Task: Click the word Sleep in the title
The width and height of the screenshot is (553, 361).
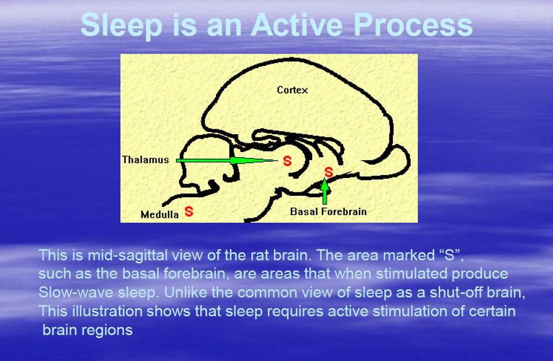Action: pos(121,25)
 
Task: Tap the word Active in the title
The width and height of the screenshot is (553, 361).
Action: pos(296,25)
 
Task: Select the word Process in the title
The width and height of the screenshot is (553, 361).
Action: pos(413,25)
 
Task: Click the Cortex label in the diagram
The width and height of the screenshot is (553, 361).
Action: pos(292,90)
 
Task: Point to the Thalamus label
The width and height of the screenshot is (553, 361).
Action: pos(145,160)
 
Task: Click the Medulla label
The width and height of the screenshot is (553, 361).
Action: pos(160,215)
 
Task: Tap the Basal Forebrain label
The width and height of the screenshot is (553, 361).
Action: pos(328,212)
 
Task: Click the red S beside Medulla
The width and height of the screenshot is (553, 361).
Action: pos(189,212)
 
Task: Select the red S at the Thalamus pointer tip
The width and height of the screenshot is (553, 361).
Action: pos(288,161)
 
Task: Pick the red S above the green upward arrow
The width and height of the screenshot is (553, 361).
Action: pos(329,172)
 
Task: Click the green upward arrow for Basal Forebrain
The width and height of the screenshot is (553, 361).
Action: pos(325,191)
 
